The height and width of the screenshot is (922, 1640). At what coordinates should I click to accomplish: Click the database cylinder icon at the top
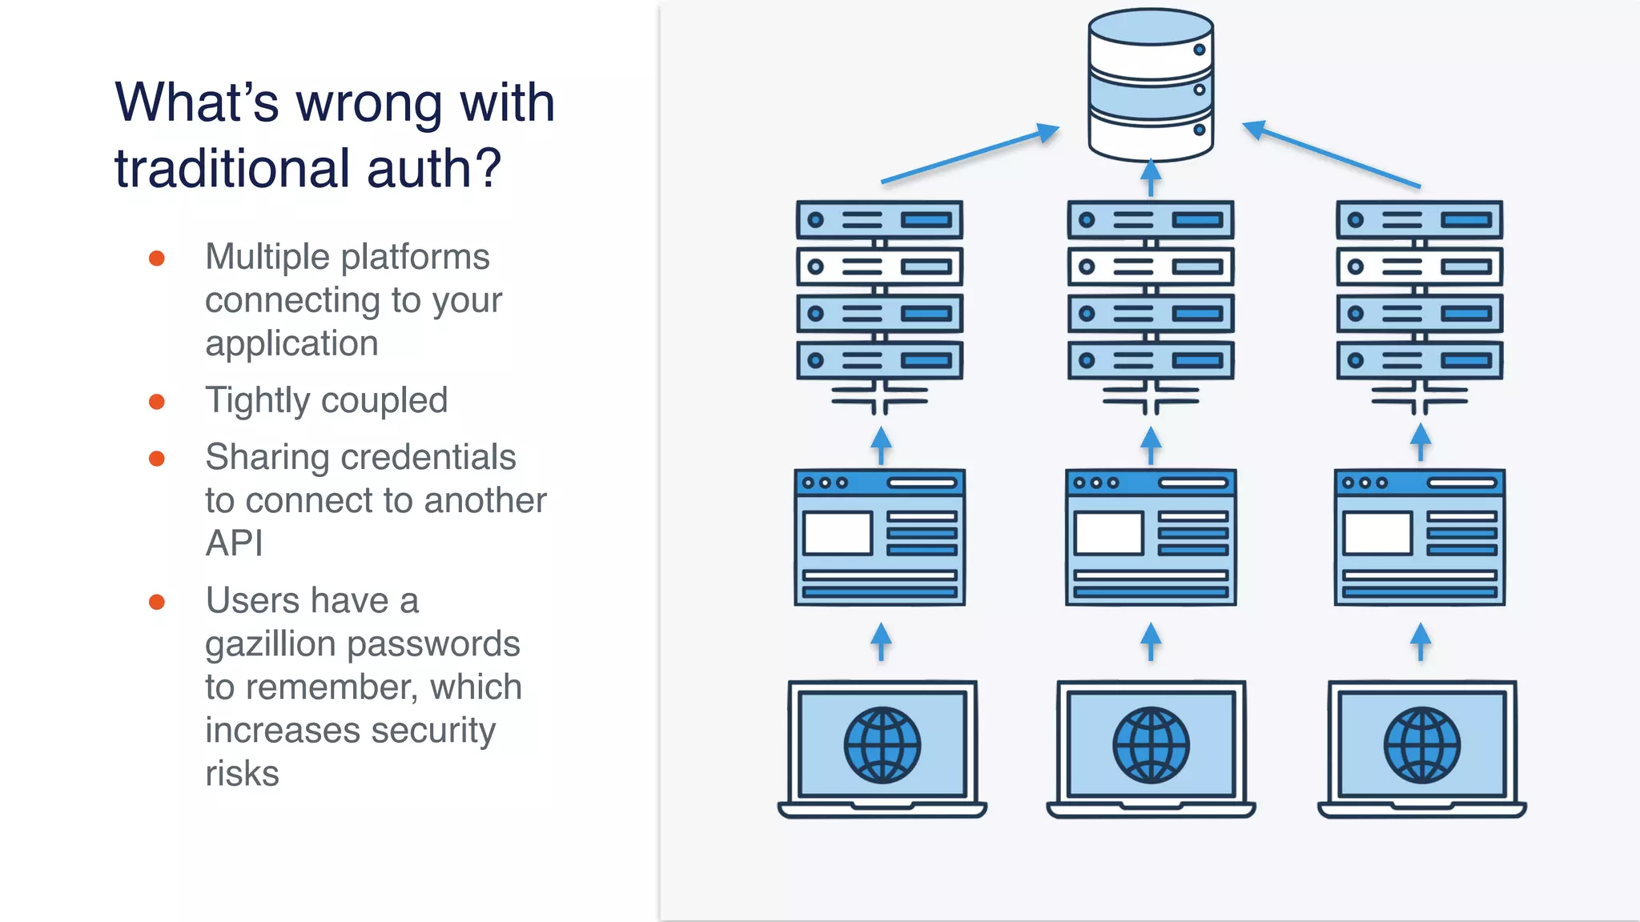coord(1151,85)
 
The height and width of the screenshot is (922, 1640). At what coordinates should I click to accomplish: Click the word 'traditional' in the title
coord(232,169)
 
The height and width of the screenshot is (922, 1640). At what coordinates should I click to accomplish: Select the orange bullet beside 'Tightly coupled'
coord(157,402)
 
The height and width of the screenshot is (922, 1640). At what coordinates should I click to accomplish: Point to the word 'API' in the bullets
coord(234,543)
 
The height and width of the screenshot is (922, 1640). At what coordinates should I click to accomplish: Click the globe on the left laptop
coord(882,745)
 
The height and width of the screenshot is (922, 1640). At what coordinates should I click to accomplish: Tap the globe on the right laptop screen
coord(1421,745)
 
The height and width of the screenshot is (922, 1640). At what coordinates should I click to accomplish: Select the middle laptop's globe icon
coord(1151,745)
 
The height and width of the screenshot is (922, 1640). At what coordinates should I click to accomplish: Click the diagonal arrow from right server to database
coord(1331,154)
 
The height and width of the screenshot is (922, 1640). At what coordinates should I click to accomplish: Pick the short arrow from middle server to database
coord(1151,178)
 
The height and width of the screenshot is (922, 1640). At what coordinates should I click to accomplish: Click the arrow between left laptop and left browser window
coord(881,641)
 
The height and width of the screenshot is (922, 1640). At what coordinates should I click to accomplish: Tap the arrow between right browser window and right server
coord(1421,442)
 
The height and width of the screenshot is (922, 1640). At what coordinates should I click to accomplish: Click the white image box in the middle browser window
coord(1108,533)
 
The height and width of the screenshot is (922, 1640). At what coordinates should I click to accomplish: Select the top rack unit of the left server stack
coord(879,220)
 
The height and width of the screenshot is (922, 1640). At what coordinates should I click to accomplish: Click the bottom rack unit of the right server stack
coord(1419,360)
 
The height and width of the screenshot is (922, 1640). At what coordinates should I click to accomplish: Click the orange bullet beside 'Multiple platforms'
coord(157,259)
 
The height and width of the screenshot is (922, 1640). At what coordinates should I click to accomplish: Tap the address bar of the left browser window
coord(922,483)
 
